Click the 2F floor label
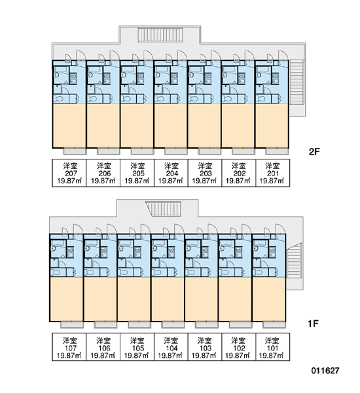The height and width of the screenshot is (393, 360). coord(314,152)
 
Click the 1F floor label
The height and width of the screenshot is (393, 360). coord(313,324)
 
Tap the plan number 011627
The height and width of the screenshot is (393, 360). coord(325,370)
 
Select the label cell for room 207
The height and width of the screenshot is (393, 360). coord(69,173)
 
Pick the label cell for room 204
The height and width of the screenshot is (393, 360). coord(171,173)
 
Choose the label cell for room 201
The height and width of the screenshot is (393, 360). coord(273,173)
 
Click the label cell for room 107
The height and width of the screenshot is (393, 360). coord(69,347)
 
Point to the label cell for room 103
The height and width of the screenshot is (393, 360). coord(205,347)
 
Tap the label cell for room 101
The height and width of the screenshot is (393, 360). coord(273,347)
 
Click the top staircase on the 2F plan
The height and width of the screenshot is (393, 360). coord(160,34)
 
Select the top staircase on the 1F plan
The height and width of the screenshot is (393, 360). coord(164,208)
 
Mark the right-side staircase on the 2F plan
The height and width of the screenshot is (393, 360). coord(297,82)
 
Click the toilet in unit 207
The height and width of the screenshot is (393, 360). coord(58,99)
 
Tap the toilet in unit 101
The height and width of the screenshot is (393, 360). coord(257,272)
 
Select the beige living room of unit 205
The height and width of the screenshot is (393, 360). coord(137,126)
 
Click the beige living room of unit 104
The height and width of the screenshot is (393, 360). coord(168,299)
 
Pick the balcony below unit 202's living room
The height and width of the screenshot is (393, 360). coord(243,151)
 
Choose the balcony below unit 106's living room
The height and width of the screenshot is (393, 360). coord(105,325)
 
